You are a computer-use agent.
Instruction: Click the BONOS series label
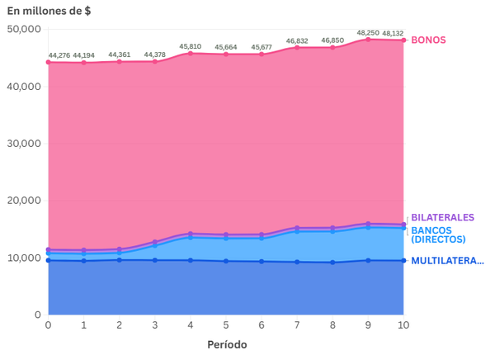(x=428, y=40)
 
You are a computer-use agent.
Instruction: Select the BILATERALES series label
(x=442, y=217)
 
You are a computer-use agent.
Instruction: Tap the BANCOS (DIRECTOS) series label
(x=438, y=234)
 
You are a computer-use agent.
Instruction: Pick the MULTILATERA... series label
(x=447, y=261)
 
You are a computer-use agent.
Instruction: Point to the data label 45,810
(x=191, y=46)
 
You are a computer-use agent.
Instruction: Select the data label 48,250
(x=368, y=33)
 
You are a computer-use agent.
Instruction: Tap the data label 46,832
(x=297, y=40)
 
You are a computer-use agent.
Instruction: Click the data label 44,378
(x=155, y=54)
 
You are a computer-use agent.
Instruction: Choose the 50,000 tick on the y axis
(x=23, y=29)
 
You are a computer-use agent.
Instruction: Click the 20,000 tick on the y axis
(x=23, y=201)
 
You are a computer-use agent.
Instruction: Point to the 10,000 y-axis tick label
(x=23, y=258)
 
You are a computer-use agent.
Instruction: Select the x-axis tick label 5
(x=226, y=326)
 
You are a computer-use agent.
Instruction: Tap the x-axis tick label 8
(x=332, y=326)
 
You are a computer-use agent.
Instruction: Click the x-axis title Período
(x=226, y=344)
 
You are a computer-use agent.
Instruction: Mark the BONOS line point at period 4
(x=191, y=53)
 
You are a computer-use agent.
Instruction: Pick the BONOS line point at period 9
(x=368, y=39)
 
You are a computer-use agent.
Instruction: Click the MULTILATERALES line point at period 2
(x=120, y=260)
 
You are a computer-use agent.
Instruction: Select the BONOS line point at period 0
(x=49, y=62)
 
